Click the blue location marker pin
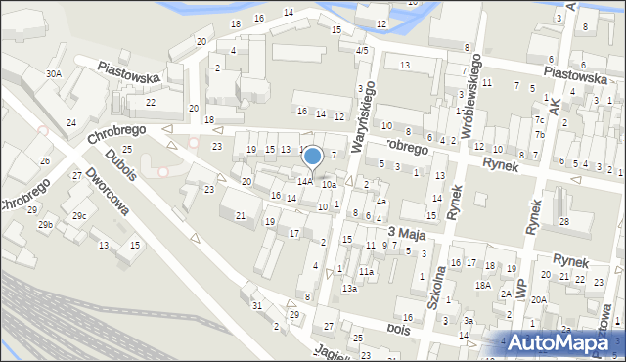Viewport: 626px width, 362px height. pos(313,157)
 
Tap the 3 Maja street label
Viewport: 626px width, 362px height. pos(409,231)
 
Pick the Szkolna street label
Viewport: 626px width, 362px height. pos(434,285)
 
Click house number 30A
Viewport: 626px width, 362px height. pos(53,72)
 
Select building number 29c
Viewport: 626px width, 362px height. pos(79,215)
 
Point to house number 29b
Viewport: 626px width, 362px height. pos(45,225)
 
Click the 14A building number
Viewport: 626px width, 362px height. pos(305,181)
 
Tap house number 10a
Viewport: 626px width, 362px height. pos(330,184)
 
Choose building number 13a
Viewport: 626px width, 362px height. pos(349,289)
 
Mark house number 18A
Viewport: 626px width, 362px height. pos(482,285)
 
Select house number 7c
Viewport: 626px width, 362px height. pos(539,120)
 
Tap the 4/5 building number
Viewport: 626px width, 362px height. pos(362,50)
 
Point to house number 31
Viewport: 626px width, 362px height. pos(257,306)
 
